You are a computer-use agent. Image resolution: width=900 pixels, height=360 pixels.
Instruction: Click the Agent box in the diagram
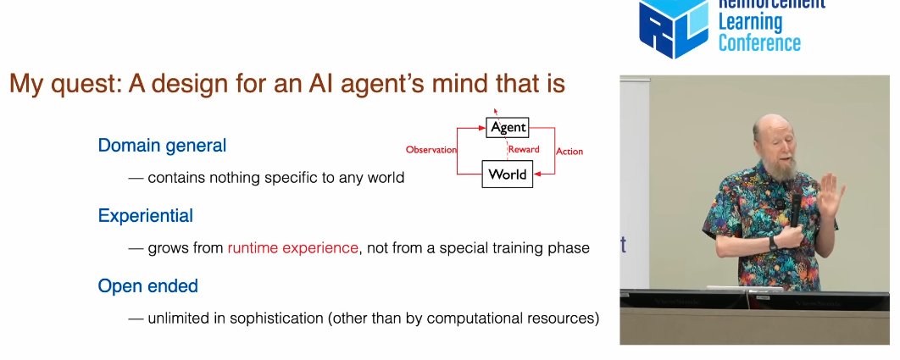(508, 128)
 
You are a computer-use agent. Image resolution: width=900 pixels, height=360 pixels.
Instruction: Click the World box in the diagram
(508, 174)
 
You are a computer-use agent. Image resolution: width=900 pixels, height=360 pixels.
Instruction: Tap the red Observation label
(431, 150)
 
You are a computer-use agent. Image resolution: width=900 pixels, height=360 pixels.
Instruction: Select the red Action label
(569, 151)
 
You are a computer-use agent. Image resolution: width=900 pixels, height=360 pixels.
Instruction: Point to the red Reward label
(524, 150)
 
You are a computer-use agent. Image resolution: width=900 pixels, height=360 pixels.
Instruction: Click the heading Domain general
(162, 146)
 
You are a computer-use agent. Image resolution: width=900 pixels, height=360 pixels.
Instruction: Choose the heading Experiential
(146, 216)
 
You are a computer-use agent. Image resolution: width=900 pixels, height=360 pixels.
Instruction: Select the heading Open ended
(148, 286)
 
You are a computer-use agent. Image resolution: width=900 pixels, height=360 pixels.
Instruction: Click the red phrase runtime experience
(292, 248)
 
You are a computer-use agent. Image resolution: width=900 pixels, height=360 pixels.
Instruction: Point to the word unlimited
(179, 318)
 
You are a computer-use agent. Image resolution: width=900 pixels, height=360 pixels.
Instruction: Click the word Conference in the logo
(758, 42)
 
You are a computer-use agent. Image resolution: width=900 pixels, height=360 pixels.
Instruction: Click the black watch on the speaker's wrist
(773, 241)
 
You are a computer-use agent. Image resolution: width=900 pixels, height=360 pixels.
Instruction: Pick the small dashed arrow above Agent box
(496, 112)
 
